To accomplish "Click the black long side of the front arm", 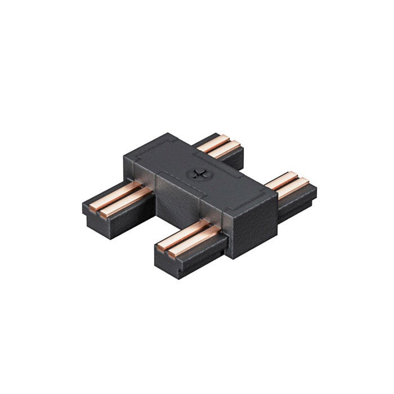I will [203, 253].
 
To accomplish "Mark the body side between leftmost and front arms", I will [169, 200].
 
